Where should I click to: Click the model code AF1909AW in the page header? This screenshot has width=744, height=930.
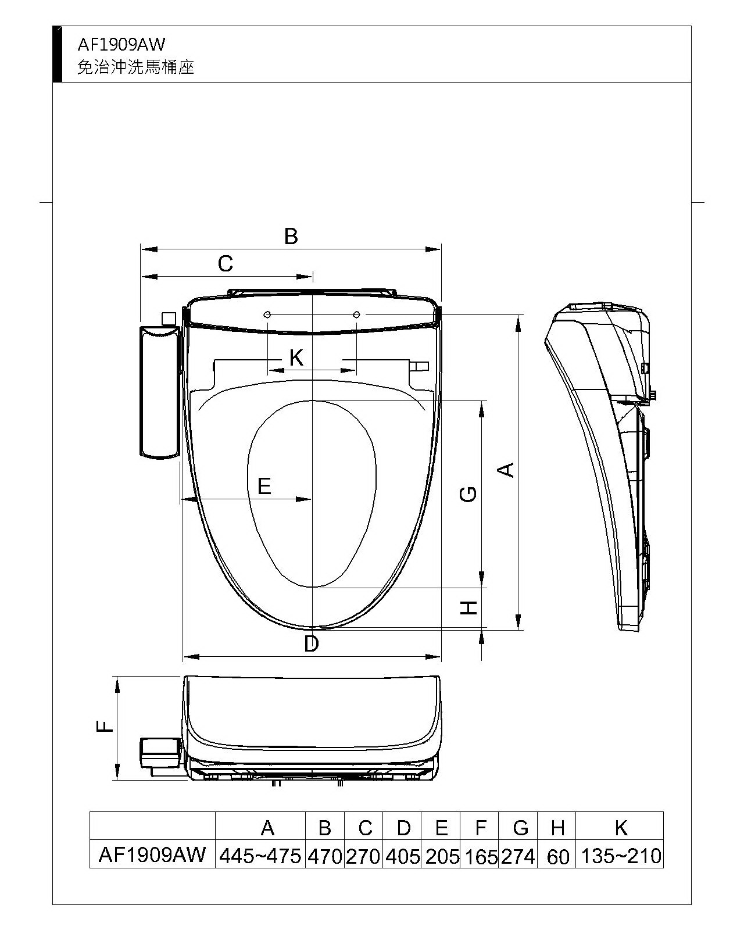[121, 45]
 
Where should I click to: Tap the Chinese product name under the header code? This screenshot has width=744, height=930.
[135, 67]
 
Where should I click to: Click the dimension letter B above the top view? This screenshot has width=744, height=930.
[291, 237]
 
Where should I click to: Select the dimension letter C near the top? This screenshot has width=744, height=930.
[225, 263]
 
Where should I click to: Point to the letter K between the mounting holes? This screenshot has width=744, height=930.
[296, 357]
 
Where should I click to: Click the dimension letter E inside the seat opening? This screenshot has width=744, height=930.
[264, 486]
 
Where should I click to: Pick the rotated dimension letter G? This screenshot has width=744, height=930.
[468, 494]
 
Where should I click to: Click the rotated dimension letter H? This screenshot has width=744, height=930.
[468, 607]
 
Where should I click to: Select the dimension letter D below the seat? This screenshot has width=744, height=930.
[312, 643]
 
